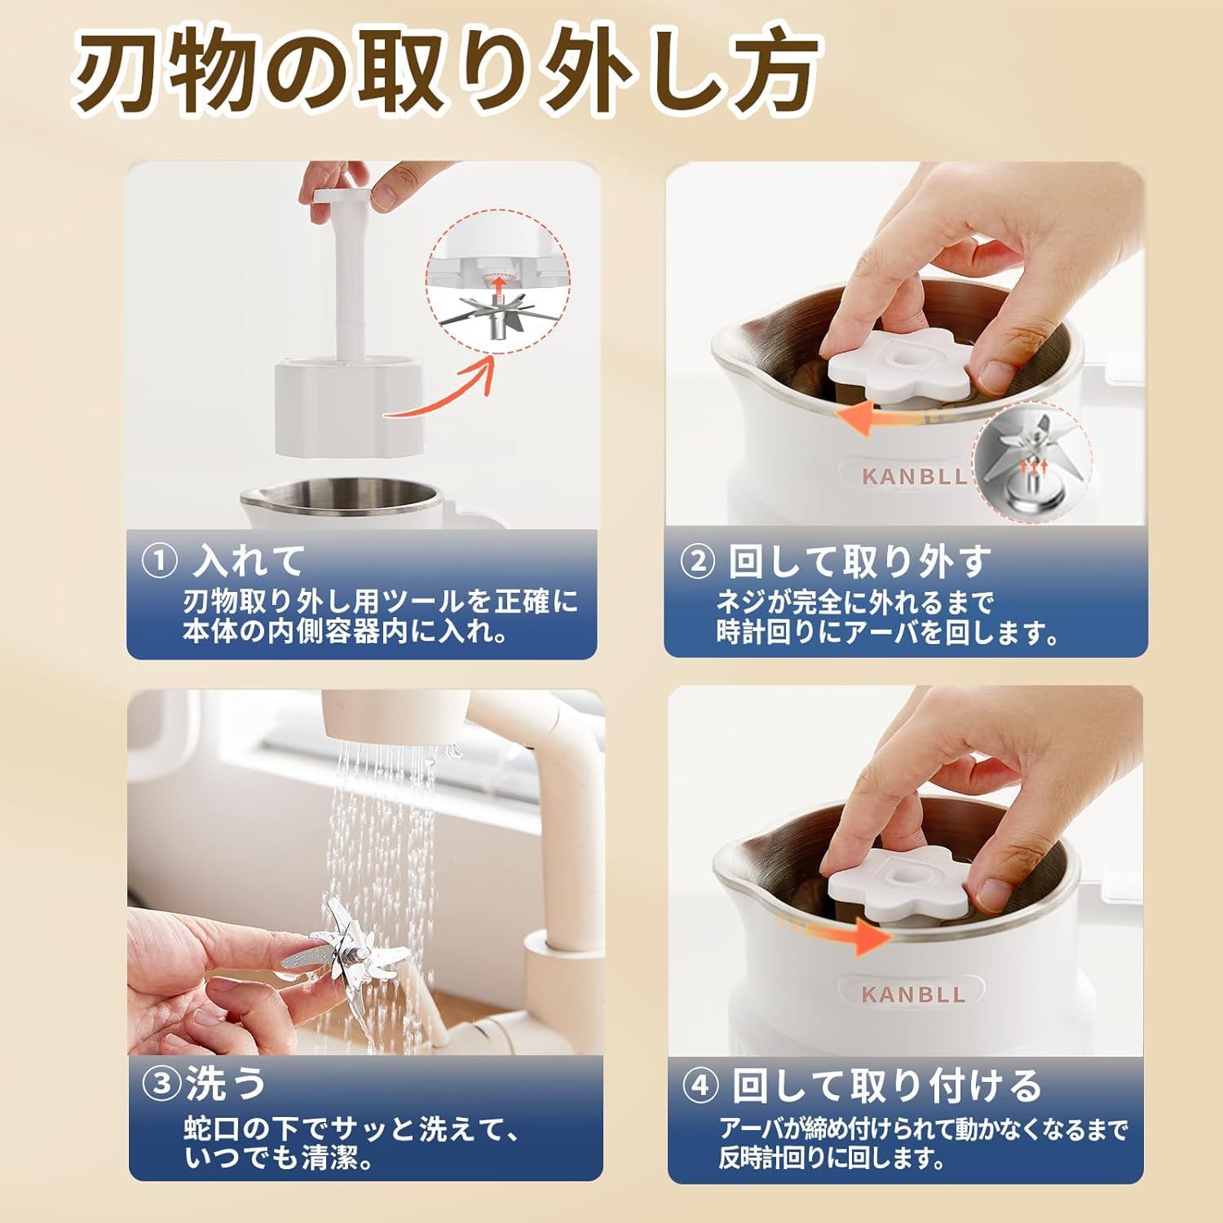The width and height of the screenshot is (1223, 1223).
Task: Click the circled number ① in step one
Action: coord(160,561)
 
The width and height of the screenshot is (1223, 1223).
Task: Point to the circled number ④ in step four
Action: coord(700,1087)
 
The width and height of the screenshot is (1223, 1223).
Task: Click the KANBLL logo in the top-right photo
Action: coord(912,476)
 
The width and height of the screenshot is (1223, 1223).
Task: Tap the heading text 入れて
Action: coord(249,561)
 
